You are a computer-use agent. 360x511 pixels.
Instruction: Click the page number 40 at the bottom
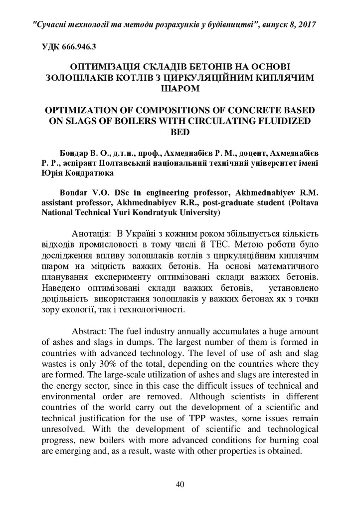(180, 484)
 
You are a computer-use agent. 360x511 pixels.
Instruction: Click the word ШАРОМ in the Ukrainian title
(180, 89)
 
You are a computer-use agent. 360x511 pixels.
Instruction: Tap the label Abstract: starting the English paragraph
(90, 331)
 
